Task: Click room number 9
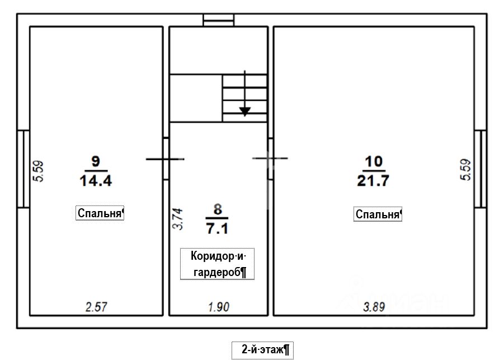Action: pyautogui.click(x=96, y=161)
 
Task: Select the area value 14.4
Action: pyautogui.click(x=96, y=180)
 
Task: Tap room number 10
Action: pyautogui.click(x=374, y=161)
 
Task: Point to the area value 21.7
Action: pyautogui.click(x=373, y=181)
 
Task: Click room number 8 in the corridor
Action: pyautogui.click(x=218, y=209)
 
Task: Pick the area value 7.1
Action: pyautogui.click(x=217, y=228)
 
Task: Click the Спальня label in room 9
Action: pyautogui.click(x=100, y=213)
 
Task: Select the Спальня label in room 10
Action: pyautogui.click(x=378, y=214)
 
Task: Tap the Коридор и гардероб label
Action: pyautogui.click(x=218, y=264)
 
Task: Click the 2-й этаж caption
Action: pyautogui.click(x=263, y=350)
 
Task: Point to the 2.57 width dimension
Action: pyautogui.click(x=96, y=307)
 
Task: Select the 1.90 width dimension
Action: pyautogui.click(x=219, y=307)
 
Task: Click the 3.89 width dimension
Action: pyautogui.click(x=374, y=307)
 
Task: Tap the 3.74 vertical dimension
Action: pyautogui.click(x=178, y=219)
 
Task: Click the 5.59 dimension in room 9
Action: pyautogui.click(x=39, y=171)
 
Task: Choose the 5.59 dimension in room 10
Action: pyautogui.click(x=465, y=170)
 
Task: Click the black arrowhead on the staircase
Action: pyautogui.click(x=245, y=111)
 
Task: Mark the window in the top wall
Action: pyautogui.click(x=219, y=20)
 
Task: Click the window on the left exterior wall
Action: pyautogui.click(x=23, y=169)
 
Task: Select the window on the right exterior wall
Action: pyautogui.click(x=480, y=169)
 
